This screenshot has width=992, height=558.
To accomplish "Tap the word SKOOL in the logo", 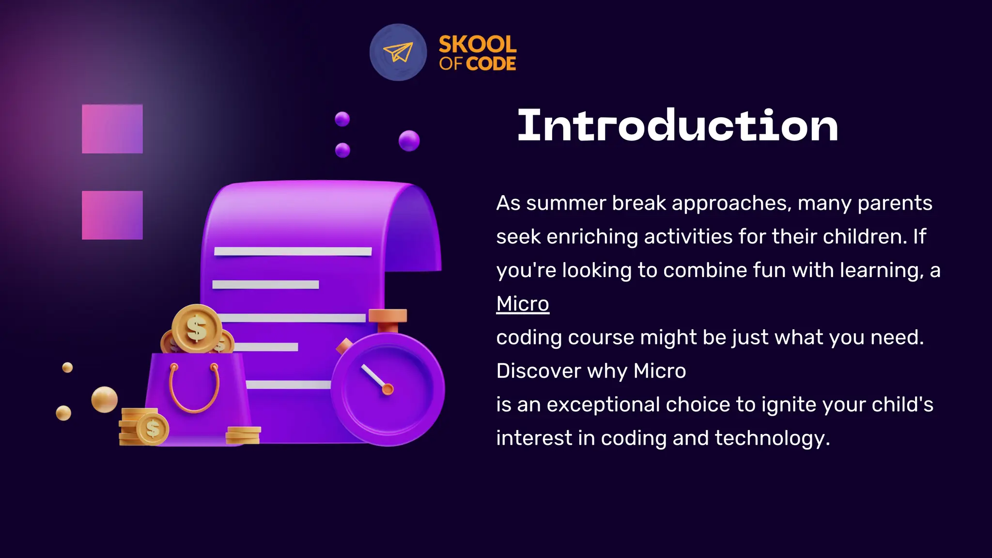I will tap(477, 45).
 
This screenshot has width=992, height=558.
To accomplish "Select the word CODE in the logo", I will tap(491, 64).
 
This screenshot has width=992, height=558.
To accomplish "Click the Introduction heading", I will tap(678, 126).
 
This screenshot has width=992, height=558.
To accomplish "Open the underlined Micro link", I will tap(523, 304).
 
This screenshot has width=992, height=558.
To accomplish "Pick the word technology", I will tap(772, 438).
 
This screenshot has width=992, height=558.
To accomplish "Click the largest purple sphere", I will tap(409, 141).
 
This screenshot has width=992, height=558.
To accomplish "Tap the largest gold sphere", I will tap(104, 400).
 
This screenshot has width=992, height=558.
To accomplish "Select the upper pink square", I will tap(112, 129).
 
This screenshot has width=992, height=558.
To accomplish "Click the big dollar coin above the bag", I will tap(197, 328).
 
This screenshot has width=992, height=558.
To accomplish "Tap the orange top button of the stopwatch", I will tap(387, 316).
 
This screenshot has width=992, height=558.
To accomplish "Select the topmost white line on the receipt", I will tap(293, 251).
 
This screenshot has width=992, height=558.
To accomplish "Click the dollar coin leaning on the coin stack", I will tap(153, 429).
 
